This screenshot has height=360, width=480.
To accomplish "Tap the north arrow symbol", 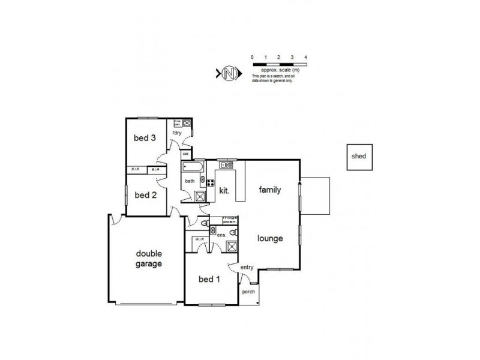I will [228, 74].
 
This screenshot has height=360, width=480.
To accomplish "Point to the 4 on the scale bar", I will [306, 57].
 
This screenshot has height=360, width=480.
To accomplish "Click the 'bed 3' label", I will [145, 138].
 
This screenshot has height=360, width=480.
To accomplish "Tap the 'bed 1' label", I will [210, 279].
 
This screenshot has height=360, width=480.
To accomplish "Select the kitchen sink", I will [226, 164].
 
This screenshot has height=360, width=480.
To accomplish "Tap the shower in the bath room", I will [199, 197].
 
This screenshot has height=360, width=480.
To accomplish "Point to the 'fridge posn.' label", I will [231, 218].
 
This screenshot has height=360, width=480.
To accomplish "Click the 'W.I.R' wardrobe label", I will [199, 239].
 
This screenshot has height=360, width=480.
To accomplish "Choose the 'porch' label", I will [248, 292].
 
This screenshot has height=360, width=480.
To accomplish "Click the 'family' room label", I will [270, 190].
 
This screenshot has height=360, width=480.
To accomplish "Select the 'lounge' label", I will [271, 238].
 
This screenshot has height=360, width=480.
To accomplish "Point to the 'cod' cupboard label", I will [186, 153].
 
